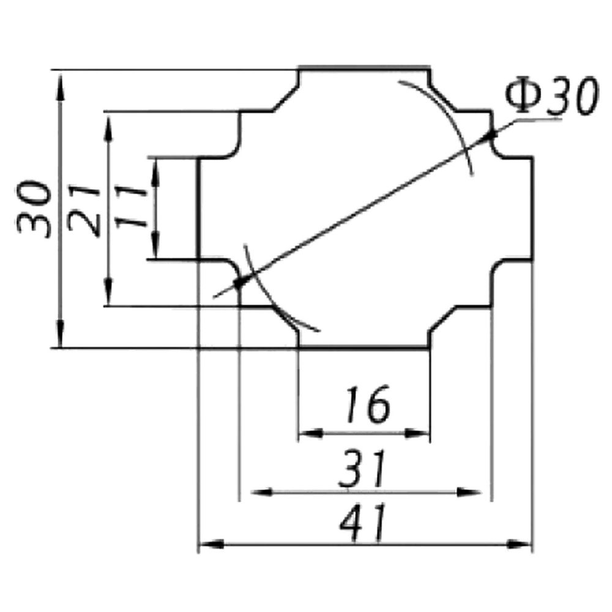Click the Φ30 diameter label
pyautogui.click(x=551, y=95)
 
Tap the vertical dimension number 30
pyautogui.click(x=34, y=209)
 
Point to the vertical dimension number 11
pyautogui.click(x=131, y=206)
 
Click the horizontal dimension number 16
pyautogui.click(x=367, y=405)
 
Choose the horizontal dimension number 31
pyautogui.click(x=362, y=469)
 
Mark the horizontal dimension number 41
pyautogui.click(x=362, y=523)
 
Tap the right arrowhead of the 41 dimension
pyautogui.click(x=519, y=544)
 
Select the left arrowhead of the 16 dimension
pyautogui.click(x=311, y=433)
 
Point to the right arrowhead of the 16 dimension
pyautogui.click(x=417, y=433)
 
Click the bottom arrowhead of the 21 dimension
pyautogui.click(x=108, y=292)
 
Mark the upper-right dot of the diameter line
pyautogui.click(x=490, y=135)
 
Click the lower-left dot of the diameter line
pyautogui.click(x=238, y=283)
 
